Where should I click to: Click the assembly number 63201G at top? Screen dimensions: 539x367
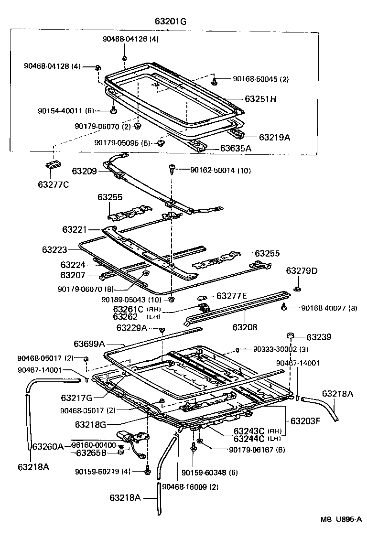click(x=171, y=22)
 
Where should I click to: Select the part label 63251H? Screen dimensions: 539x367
click(x=261, y=99)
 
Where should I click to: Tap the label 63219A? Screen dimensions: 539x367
click(x=274, y=137)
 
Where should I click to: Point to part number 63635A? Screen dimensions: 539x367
click(x=236, y=149)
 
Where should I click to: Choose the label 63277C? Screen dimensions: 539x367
click(x=53, y=183)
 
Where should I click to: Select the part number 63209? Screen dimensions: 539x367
click(x=85, y=171)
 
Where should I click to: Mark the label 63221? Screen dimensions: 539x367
click(x=75, y=230)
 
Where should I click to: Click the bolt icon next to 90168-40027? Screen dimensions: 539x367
click(x=284, y=307)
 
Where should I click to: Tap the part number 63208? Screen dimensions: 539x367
click(x=245, y=327)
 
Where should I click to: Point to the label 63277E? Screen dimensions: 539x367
click(x=231, y=296)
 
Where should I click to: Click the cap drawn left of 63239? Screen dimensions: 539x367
click(x=290, y=336)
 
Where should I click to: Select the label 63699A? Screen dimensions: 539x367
click(x=89, y=343)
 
